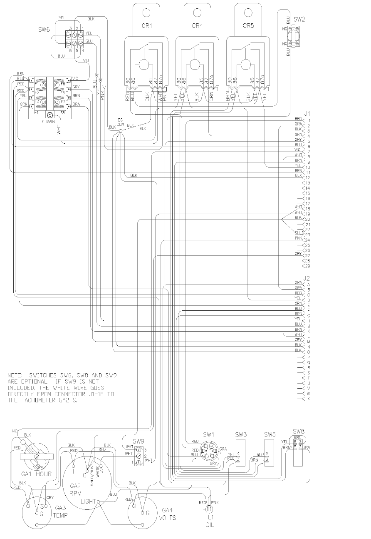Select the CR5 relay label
point(248,25)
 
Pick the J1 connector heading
point(307,113)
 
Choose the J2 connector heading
point(307,278)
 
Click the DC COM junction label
point(121,121)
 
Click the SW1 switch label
point(209,434)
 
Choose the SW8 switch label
point(298,431)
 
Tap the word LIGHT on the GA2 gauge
point(89,501)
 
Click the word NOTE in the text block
point(16,375)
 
